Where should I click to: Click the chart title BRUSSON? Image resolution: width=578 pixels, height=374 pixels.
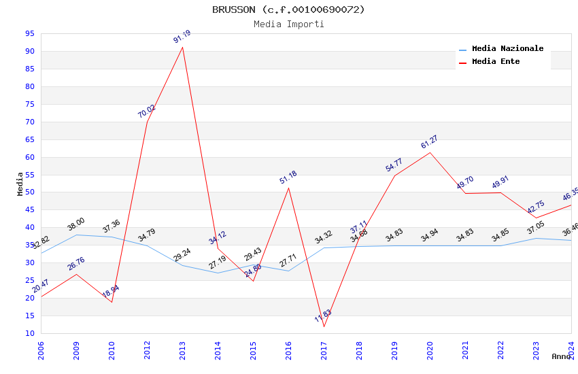[288, 10]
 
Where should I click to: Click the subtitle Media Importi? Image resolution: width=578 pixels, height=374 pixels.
[288, 24]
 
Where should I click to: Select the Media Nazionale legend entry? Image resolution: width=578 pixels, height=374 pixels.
[507, 48]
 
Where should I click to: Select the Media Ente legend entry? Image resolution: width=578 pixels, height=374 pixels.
[495, 61]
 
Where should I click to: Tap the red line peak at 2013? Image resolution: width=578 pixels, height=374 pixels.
[182, 47]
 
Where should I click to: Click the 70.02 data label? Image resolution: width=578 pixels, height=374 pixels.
[147, 112]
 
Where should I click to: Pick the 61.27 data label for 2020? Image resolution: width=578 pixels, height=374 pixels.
[430, 142]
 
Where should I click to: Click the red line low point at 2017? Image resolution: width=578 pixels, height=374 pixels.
[324, 327]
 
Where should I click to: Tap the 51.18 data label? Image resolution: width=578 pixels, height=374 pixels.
[288, 178]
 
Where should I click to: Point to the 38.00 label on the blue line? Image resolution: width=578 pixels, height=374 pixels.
[76, 224]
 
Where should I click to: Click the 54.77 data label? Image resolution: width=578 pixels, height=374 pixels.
[394, 165]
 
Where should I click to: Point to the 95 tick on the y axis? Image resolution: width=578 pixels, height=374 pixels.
[30, 33]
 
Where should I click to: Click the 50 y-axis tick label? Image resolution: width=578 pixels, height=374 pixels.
[30, 192]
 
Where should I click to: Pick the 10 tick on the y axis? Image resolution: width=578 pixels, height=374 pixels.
[30, 334]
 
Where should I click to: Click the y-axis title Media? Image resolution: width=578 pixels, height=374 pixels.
[20, 184]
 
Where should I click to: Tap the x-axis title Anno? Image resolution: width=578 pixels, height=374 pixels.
[561, 356]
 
